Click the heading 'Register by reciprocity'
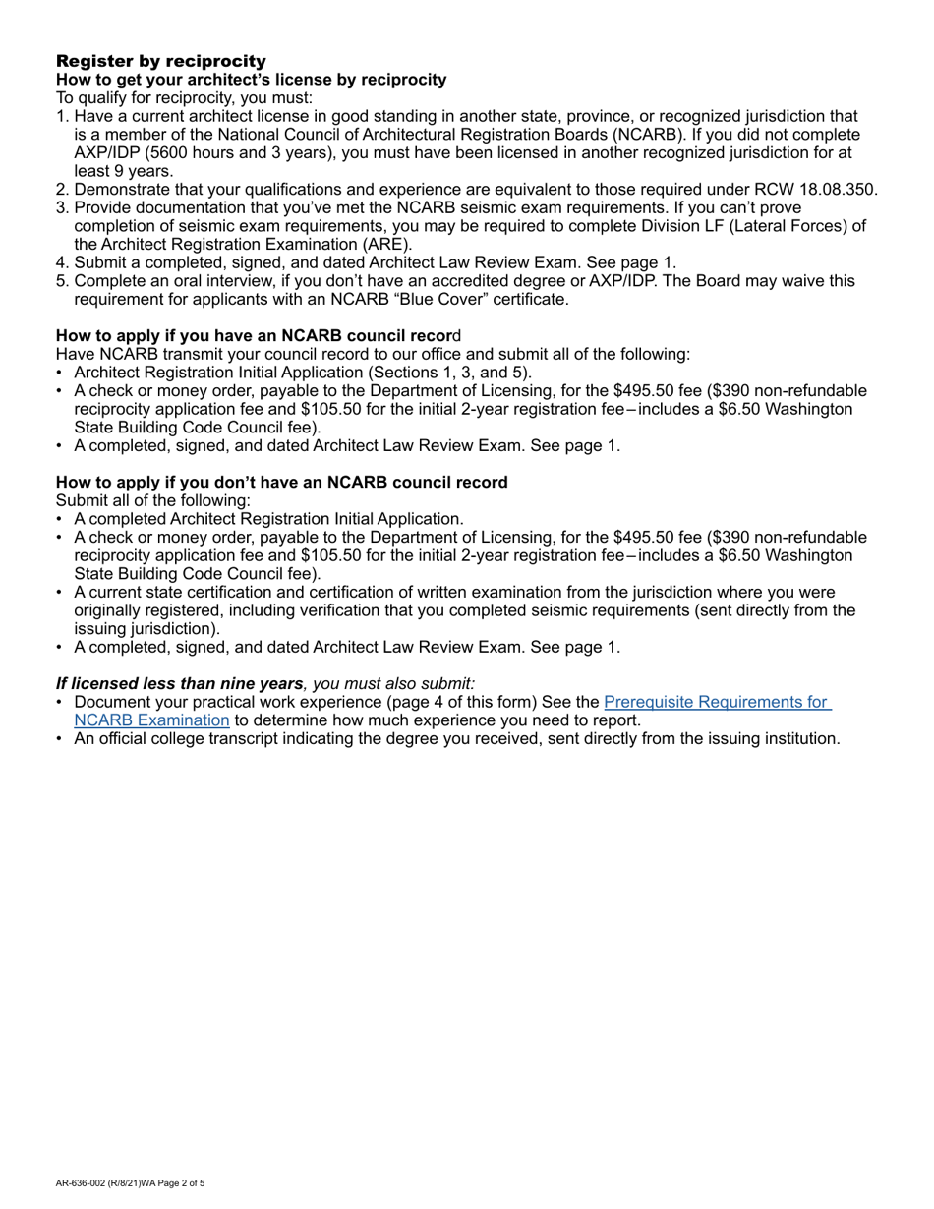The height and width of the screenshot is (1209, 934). click(160, 61)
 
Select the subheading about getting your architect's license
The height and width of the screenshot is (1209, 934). click(251, 79)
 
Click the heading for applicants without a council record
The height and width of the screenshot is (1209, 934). click(281, 483)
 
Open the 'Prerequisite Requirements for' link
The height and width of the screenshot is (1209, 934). click(717, 702)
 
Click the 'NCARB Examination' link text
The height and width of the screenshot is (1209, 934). click(151, 720)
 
